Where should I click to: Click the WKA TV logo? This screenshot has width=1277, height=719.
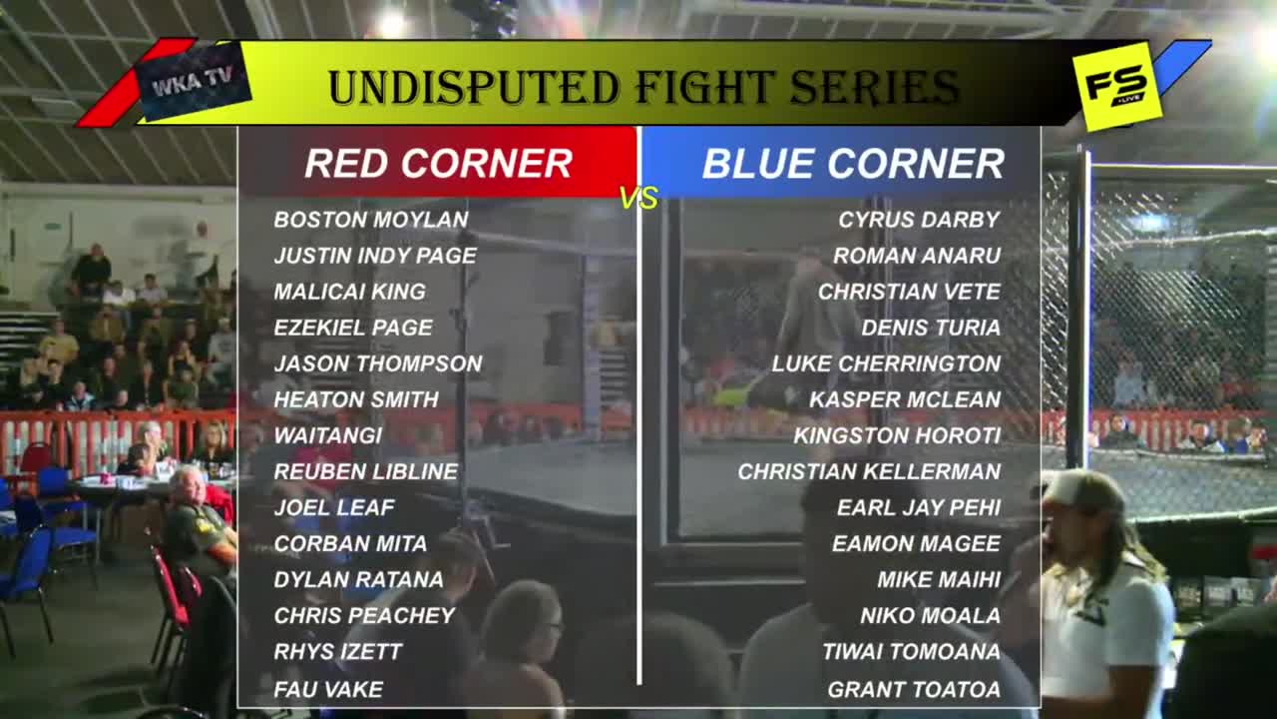pyautogui.click(x=194, y=81)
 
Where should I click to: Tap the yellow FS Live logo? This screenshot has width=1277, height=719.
pyautogui.click(x=1116, y=86)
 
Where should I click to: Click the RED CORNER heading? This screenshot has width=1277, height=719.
pyautogui.click(x=438, y=164)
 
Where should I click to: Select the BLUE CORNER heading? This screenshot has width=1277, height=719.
pyautogui.click(x=853, y=164)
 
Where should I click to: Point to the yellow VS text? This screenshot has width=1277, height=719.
pyautogui.click(x=639, y=198)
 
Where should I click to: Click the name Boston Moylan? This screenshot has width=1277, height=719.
pyautogui.click(x=371, y=220)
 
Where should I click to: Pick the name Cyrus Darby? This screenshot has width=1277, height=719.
pyautogui.click(x=919, y=220)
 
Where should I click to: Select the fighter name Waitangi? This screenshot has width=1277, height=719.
pyautogui.click(x=328, y=436)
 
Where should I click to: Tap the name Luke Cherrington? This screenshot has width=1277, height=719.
pyautogui.click(x=886, y=364)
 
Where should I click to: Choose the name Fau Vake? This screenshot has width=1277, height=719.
pyautogui.click(x=328, y=690)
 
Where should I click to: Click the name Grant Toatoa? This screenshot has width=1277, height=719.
pyautogui.click(x=914, y=690)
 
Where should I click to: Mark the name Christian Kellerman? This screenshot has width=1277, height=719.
pyautogui.click(x=869, y=472)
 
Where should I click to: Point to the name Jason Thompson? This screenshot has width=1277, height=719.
pyautogui.click(x=378, y=364)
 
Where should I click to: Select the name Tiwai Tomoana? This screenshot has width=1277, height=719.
pyautogui.click(x=911, y=652)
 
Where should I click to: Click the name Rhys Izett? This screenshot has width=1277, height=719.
pyautogui.click(x=338, y=652)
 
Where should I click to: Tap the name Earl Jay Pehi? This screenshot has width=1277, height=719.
pyautogui.click(x=919, y=508)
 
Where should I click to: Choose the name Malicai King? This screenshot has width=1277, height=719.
pyautogui.click(x=350, y=293)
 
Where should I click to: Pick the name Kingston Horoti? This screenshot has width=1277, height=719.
pyautogui.click(x=897, y=436)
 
